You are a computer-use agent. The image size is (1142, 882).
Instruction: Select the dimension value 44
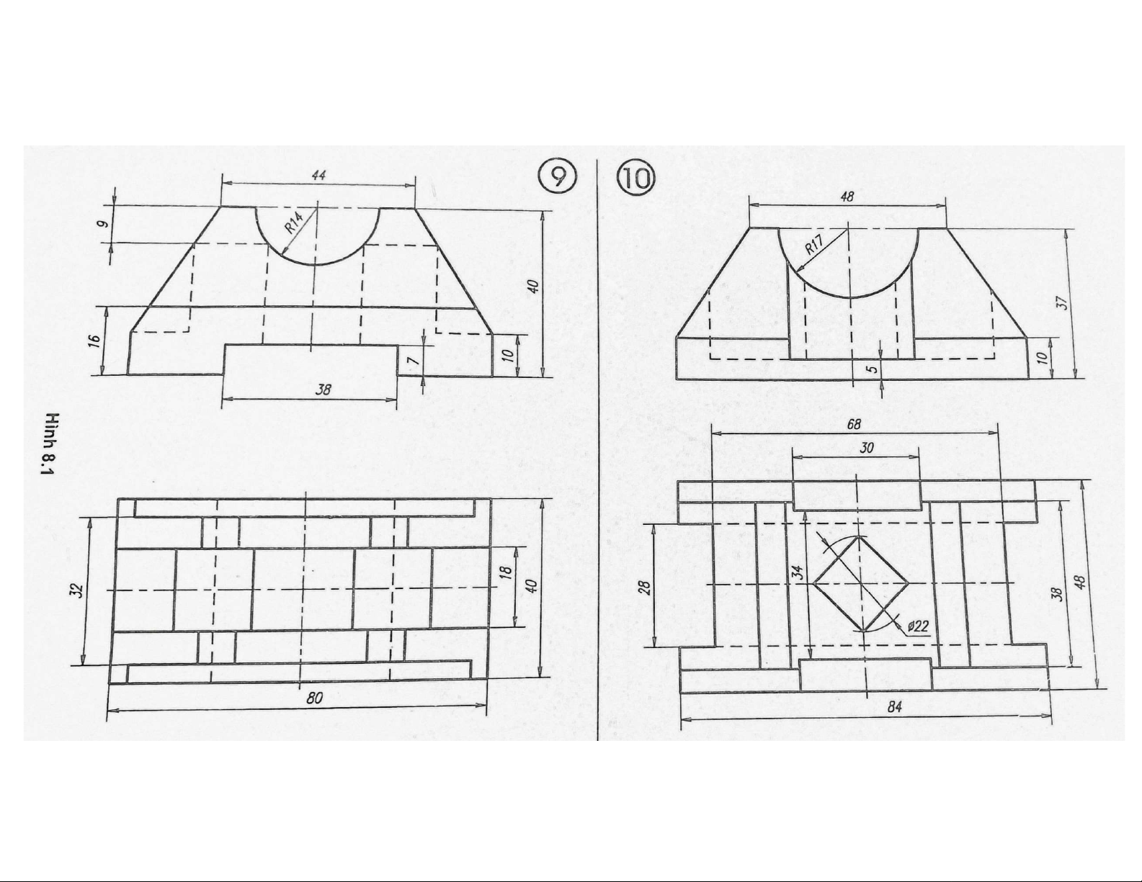318,175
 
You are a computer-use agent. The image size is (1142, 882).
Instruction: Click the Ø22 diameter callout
918,626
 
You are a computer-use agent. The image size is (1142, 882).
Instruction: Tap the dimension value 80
314,698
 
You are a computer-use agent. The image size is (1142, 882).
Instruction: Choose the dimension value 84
895,707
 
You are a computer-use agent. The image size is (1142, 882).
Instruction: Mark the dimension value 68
854,425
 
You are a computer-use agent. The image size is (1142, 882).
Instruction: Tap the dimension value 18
506,573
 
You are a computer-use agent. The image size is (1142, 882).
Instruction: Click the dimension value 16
94,339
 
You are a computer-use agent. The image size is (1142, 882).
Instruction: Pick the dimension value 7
413,361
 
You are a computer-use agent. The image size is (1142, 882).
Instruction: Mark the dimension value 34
798,571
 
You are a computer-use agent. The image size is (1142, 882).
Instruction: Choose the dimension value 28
646,586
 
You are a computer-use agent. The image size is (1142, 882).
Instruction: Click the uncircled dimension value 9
104,224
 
